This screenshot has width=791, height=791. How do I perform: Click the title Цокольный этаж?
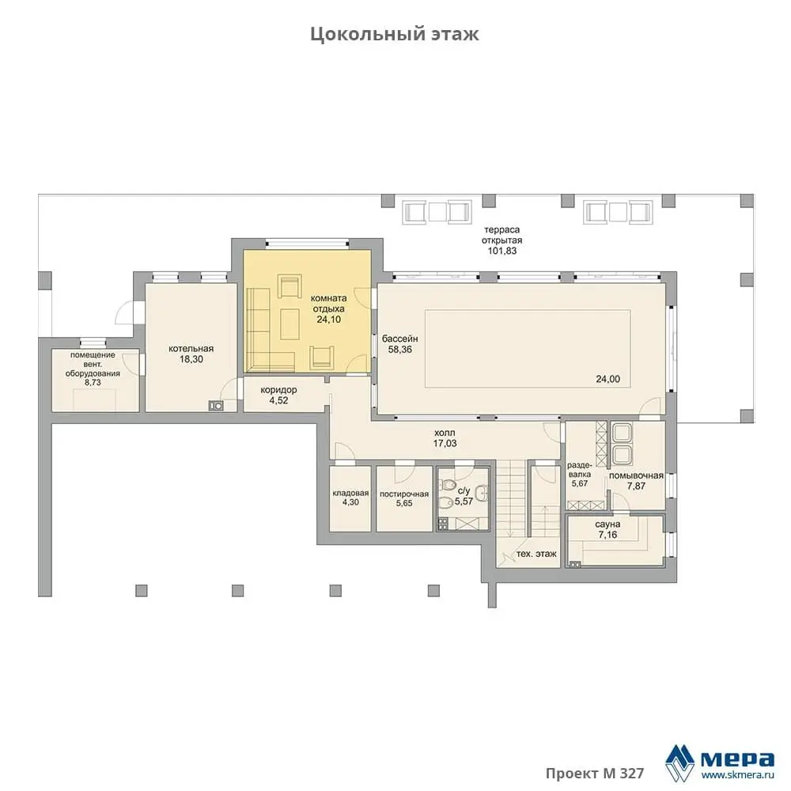394,34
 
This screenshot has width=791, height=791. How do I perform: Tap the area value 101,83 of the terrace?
502,251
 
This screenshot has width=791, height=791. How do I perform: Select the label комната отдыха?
329,303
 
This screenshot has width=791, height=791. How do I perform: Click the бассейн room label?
399,339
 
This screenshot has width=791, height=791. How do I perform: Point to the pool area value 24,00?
607,379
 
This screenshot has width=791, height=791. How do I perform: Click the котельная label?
191,349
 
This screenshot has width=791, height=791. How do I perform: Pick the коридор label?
278,390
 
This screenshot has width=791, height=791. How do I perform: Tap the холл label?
445,433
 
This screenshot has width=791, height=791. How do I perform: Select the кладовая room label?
350,494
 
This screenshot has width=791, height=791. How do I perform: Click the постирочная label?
404,494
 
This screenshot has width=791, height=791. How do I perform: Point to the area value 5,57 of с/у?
464,501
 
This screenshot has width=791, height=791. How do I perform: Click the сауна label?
607,524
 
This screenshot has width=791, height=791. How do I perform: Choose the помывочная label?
636,475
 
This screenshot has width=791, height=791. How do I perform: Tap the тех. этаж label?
536,554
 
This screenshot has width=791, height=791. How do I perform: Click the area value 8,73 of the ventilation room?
93,382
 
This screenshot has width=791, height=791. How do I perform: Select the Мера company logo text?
737,759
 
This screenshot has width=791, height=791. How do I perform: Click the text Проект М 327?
595,774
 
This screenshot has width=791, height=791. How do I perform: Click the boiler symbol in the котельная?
216,406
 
